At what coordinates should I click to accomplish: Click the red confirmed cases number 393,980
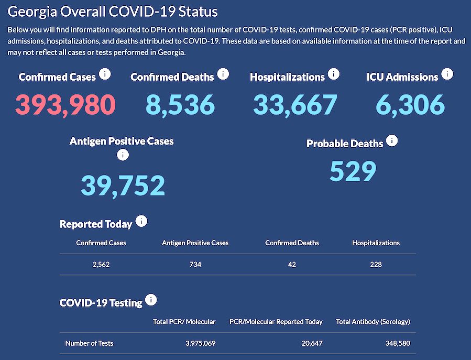tap(65, 104)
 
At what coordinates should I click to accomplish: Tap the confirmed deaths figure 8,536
tap(180, 104)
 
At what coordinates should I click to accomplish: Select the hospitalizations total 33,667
tap(295, 104)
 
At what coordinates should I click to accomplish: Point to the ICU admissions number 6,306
tap(410, 104)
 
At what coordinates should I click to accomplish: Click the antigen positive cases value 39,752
tap(123, 186)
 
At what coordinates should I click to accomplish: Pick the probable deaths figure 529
tap(353, 171)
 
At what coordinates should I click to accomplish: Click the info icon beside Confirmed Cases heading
tap(105, 74)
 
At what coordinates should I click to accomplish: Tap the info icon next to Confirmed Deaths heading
tap(223, 74)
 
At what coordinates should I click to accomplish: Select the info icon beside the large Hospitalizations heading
tap(334, 74)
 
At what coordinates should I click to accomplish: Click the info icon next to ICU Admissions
tap(447, 74)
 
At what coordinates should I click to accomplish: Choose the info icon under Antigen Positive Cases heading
tap(123, 155)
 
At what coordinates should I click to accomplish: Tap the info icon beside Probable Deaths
tap(392, 141)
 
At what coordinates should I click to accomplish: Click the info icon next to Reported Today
tap(141, 222)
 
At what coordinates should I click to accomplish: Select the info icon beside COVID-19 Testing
tap(151, 300)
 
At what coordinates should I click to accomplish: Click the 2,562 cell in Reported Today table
tap(101, 265)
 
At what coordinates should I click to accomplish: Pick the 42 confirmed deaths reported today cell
tap(292, 265)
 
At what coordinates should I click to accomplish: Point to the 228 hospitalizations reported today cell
tap(376, 265)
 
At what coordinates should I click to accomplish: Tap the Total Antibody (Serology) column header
tap(373, 321)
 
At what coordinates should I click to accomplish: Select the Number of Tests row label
tap(89, 343)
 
